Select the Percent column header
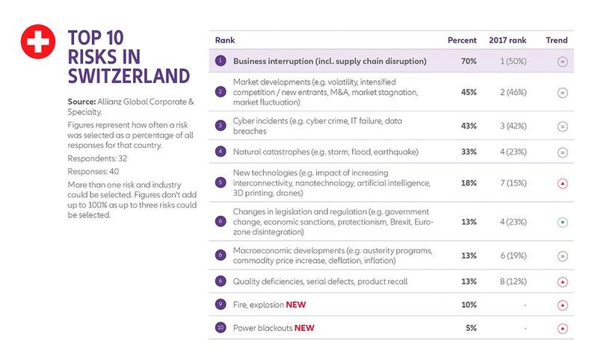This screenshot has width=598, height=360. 462,40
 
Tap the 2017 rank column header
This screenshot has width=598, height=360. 508,40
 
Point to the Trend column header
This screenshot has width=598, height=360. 557,40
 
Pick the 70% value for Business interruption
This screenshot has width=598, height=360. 469,61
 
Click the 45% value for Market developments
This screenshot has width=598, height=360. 469,93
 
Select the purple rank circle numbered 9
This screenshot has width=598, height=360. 220,305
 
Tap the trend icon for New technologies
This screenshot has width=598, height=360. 562,183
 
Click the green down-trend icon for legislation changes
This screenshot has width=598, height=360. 562,222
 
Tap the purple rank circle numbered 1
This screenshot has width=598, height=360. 220,61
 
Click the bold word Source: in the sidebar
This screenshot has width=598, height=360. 82,99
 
